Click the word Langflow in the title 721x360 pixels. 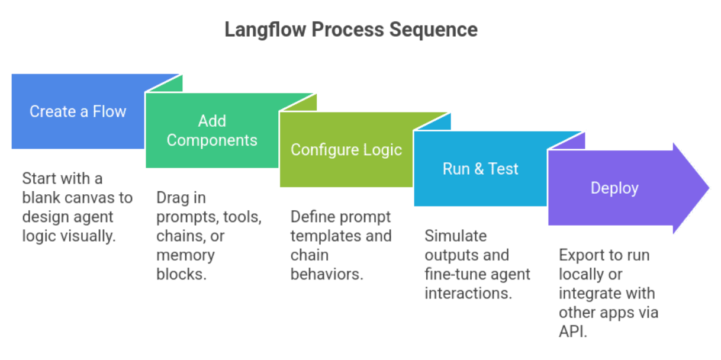click(x=265, y=30)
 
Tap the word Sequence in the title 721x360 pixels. click(x=433, y=30)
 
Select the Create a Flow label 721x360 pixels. click(x=78, y=111)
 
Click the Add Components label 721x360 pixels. click(x=212, y=130)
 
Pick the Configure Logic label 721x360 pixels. click(x=346, y=150)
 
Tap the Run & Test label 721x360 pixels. click(x=481, y=169)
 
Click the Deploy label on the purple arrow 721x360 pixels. click(x=614, y=188)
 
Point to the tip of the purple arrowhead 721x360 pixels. click(x=709, y=188)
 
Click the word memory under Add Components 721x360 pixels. click(x=185, y=256)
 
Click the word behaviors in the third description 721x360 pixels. click(x=327, y=274)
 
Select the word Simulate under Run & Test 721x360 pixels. click(x=455, y=236)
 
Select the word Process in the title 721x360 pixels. click(x=347, y=30)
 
